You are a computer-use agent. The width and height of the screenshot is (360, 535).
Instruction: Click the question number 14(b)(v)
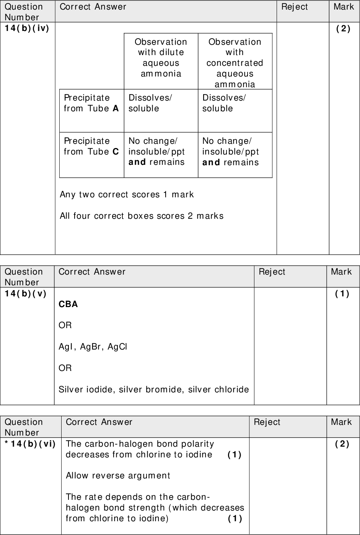(26, 294)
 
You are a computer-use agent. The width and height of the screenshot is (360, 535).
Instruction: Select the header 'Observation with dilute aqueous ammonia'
(161, 57)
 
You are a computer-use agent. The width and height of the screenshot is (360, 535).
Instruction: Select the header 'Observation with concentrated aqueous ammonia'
(235, 63)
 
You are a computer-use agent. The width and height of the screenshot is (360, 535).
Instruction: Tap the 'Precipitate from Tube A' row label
(91, 103)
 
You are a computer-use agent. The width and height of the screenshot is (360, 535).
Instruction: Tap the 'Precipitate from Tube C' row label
(91, 146)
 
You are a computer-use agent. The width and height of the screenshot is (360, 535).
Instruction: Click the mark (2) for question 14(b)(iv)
(343, 29)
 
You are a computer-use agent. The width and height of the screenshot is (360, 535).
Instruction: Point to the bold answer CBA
(68, 304)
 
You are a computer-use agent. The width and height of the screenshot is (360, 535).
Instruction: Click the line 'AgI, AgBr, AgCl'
(93, 347)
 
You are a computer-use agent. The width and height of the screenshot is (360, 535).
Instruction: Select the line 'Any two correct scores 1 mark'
(127, 195)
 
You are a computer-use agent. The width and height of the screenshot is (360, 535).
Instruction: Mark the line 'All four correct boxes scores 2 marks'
(142, 216)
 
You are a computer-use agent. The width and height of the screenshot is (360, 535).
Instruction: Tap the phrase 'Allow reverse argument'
(118, 476)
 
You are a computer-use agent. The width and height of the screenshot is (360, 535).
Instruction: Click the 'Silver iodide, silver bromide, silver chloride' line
(153, 390)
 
